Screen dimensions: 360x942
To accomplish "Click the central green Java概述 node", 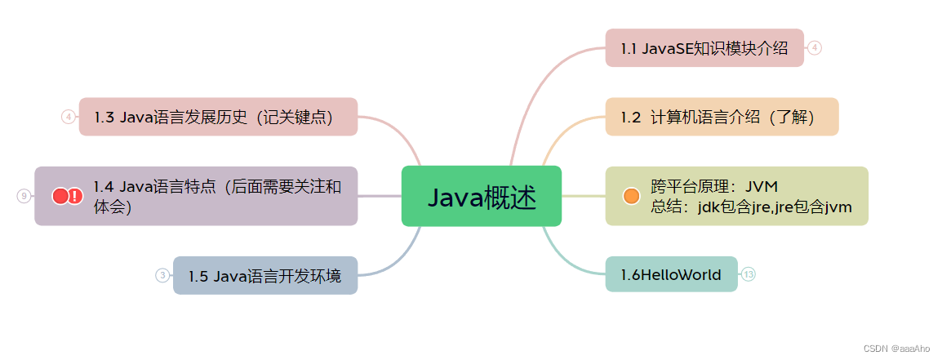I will [481, 196].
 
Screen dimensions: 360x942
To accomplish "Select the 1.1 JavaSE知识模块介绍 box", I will [704, 47].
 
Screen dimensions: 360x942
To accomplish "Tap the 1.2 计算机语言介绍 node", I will [721, 117].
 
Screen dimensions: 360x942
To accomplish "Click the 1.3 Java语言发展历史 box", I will [218, 117].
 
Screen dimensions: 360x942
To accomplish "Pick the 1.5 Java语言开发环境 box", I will [264, 276].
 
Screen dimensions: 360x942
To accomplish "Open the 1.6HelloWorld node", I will [671, 274].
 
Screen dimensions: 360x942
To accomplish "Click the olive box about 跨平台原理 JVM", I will [736, 196].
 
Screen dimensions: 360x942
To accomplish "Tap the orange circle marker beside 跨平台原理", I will [631, 196].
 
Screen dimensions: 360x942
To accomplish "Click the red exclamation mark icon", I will [75, 196].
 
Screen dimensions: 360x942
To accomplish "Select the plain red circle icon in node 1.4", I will [60, 196].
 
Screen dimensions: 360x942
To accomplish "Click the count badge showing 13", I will [749, 274].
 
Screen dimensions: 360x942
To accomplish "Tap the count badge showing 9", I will [24, 196].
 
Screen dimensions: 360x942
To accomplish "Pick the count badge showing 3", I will [162, 276].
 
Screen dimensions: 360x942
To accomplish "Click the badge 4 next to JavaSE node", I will [815, 47].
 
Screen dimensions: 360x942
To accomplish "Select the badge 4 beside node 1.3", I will [69, 117].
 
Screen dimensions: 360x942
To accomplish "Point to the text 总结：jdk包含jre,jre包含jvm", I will [751, 207].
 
